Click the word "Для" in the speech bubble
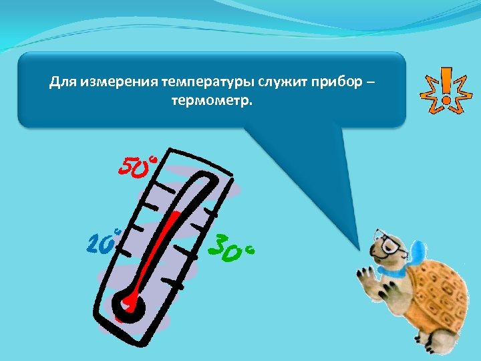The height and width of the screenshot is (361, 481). (61, 83)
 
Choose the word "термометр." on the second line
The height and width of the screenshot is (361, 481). (212, 102)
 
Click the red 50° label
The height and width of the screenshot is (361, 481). (138, 167)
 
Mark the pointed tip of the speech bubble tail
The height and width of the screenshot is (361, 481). (359, 249)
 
